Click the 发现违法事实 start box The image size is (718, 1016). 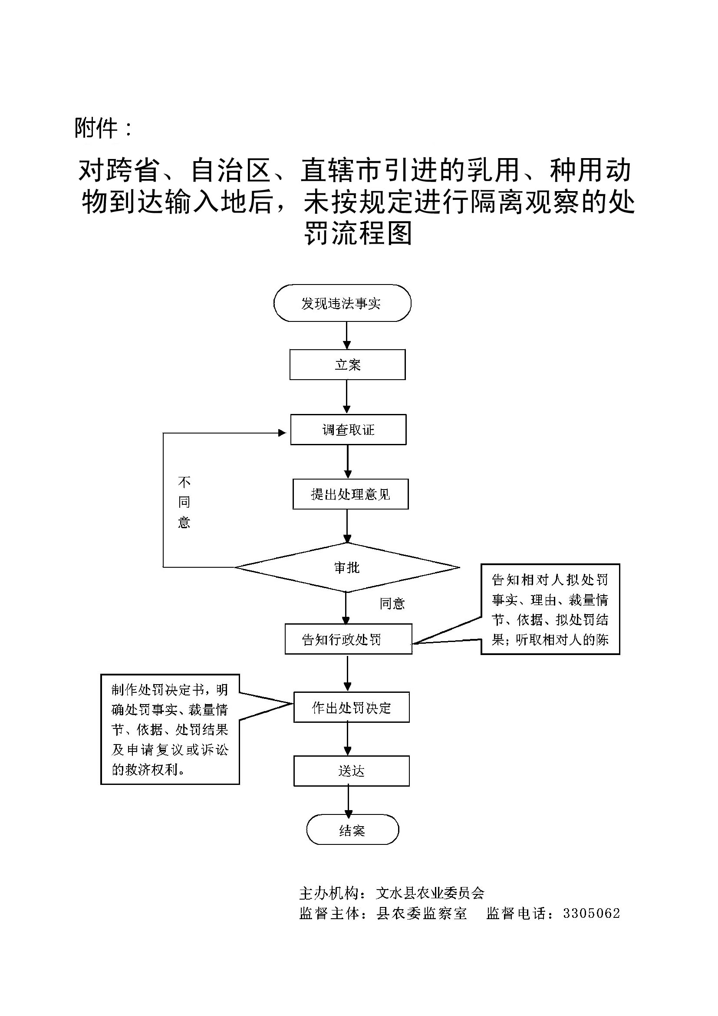tap(342, 303)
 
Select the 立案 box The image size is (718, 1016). tap(348, 364)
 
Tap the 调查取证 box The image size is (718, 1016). tap(348, 430)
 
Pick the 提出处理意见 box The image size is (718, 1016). tap(350, 494)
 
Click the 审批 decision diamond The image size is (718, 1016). tap(347, 567)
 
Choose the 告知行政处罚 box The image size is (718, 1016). tap(349, 639)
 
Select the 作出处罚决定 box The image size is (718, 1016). tap(352, 708)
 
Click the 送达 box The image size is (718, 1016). tap(352, 771)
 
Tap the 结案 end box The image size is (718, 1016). tap(352, 831)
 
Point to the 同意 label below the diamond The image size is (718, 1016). tap(392, 604)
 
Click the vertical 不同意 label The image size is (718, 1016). tap(184, 502)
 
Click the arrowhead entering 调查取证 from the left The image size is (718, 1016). tap(282, 433)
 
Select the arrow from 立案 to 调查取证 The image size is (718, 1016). tap(347, 397)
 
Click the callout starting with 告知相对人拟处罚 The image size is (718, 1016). tap(550, 609)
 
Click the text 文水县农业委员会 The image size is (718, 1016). tap(430, 894)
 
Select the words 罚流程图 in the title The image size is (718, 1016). tap(358, 233)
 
